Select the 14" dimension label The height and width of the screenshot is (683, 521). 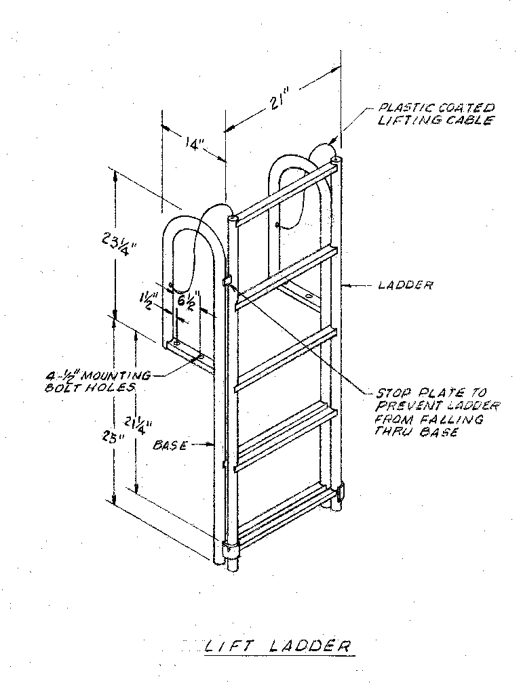[x=193, y=144]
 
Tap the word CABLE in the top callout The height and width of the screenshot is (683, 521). [x=471, y=120]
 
